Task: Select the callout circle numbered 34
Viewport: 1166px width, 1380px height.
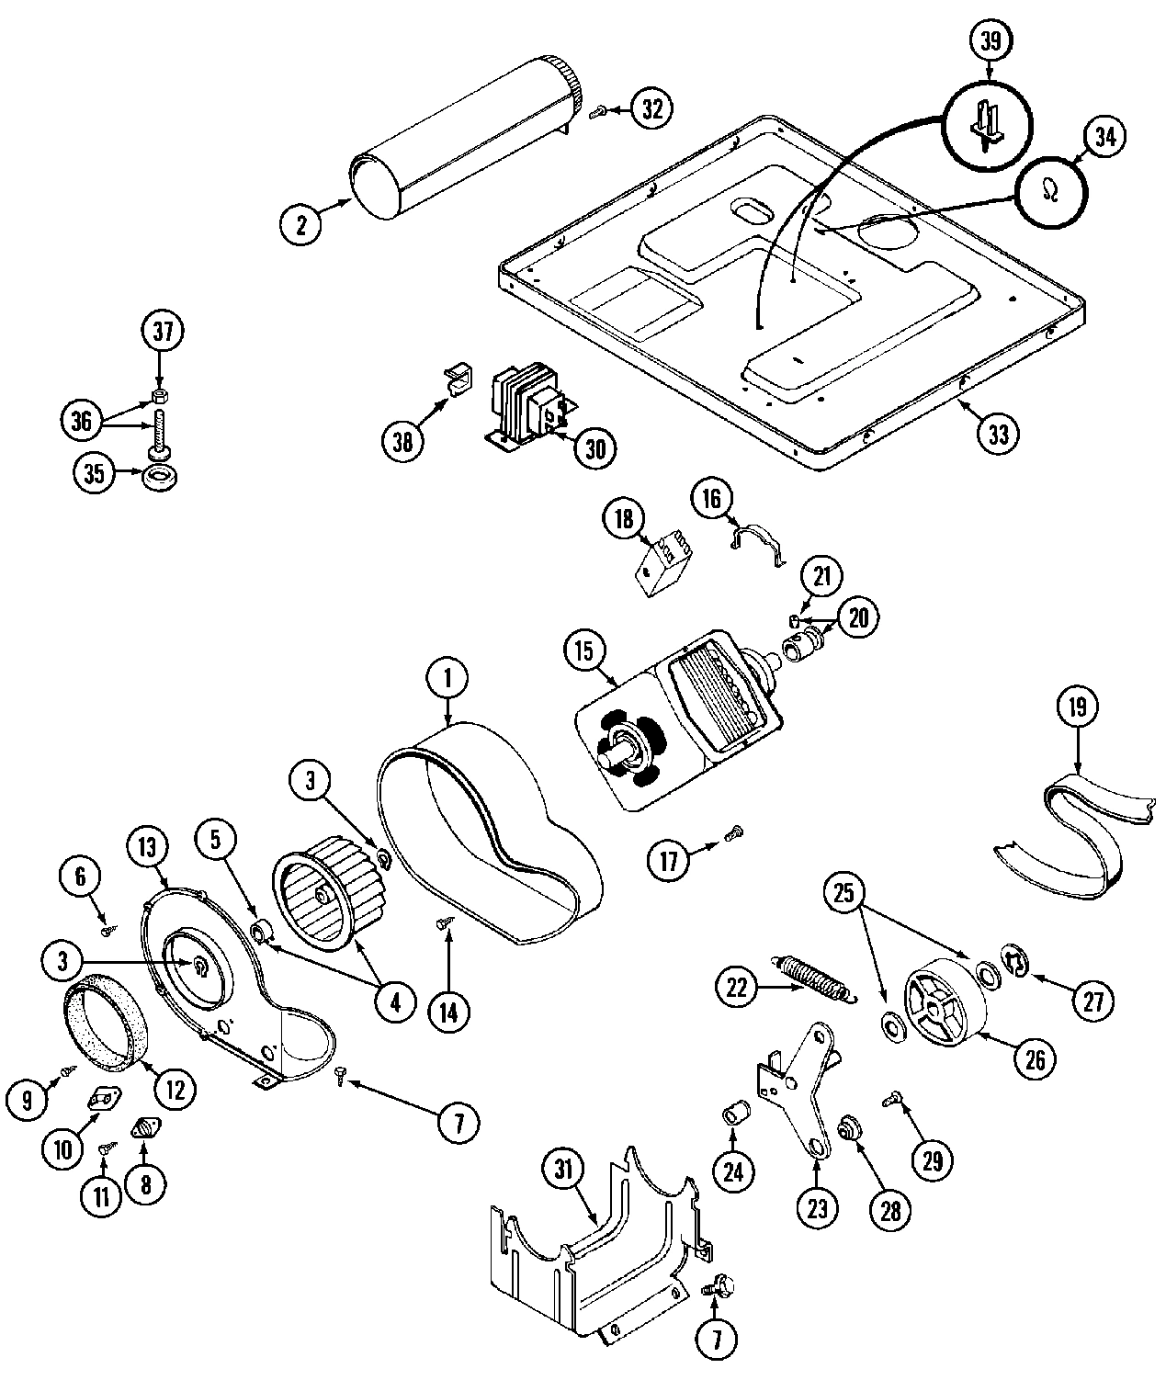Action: coord(1104,136)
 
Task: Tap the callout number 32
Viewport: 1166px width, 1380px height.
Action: coord(651,108)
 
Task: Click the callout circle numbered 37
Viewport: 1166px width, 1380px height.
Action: coord(163,334)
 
